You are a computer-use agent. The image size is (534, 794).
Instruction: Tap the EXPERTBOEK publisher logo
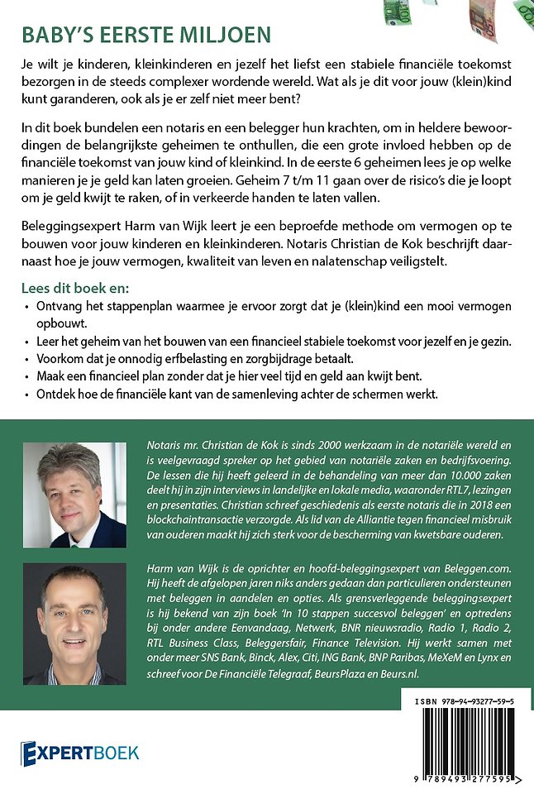point(80,752)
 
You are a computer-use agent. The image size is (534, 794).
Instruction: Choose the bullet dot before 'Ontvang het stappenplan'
point(25,308)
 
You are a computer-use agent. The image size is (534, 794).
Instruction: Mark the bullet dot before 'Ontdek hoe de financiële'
point(25,395)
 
